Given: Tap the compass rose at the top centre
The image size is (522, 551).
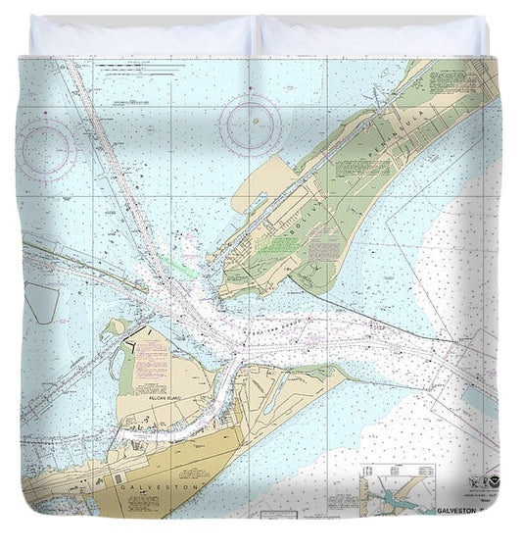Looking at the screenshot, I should coord(251,124).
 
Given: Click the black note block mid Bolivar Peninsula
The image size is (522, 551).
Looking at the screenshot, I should coord(362,166).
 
